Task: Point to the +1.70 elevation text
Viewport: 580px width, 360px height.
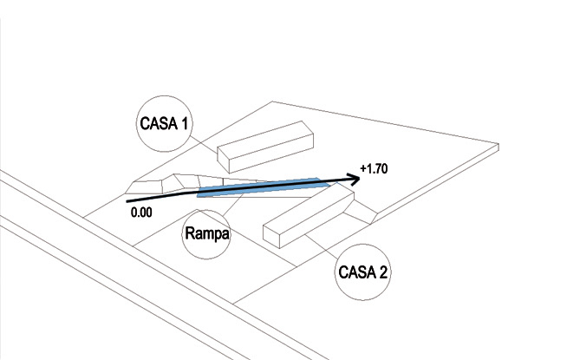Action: [x=374, y=168]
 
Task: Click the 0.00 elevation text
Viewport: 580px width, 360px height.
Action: [x=141, y=213]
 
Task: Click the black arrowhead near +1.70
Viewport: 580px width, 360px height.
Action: [x=354, y=180]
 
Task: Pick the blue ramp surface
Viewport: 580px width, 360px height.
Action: [x=264, y=187]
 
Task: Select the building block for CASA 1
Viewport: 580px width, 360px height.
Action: [x=265, y=147]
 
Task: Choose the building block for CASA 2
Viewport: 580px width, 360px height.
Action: [x=309, y=214]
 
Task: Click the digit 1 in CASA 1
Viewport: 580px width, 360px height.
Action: [x=184, y=123]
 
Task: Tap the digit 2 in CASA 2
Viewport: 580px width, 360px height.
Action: [x=382, y=272]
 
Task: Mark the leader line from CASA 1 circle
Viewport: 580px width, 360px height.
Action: [x=204, y=144]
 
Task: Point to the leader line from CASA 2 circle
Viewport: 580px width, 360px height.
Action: [x=321, y=246]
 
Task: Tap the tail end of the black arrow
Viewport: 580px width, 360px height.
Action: [x=127, y=201]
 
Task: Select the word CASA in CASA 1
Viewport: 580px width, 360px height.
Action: [x=159, y=123]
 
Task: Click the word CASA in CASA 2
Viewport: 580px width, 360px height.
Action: [x=357, y=272]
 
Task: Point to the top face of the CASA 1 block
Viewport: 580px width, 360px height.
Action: [x=265, y=141]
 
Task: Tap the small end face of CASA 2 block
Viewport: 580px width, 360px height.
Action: [x=271, y=237]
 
